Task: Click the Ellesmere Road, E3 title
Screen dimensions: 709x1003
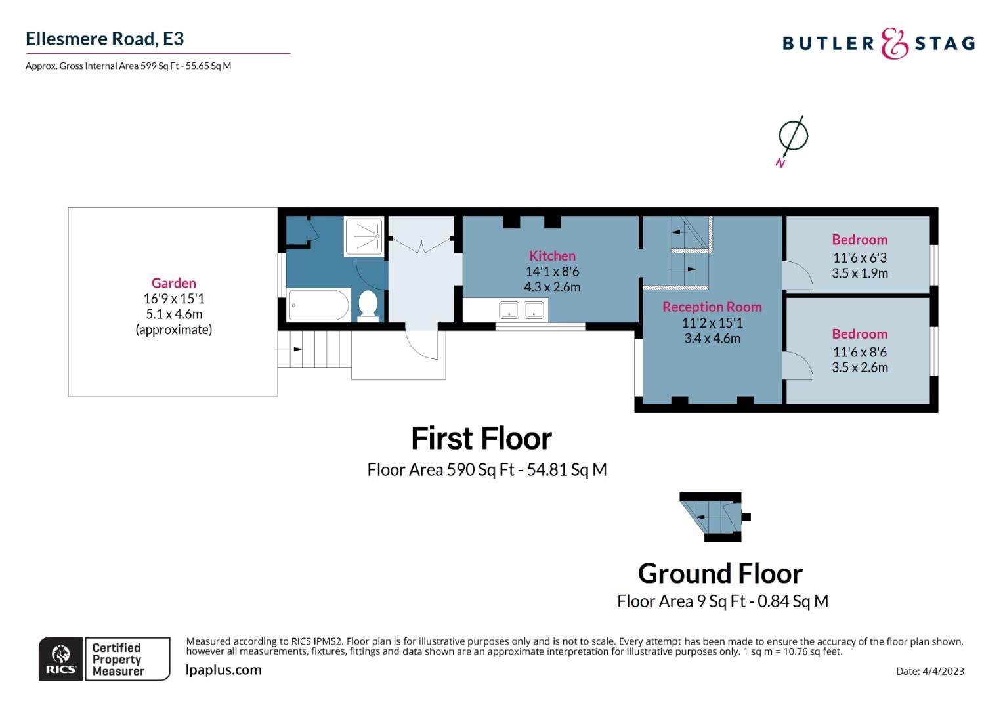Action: [104, 39]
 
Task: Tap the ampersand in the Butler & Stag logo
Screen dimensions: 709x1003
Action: [893, 43]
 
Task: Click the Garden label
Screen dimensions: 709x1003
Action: [173, 283]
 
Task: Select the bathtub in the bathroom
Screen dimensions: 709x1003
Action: [319, 305]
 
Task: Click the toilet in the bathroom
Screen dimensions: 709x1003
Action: [368, 306]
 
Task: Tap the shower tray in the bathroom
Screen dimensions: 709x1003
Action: [363, 237]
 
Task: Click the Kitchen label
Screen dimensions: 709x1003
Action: [552, 256]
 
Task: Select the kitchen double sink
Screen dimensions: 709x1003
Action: [522, 309]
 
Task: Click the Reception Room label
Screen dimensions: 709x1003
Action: [712, 307]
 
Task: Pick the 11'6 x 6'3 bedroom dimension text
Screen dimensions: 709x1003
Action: [859, 258]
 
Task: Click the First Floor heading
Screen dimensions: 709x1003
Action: [481, 439]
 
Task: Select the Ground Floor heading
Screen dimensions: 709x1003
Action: [719, 574]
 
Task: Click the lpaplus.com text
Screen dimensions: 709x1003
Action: [224, 670]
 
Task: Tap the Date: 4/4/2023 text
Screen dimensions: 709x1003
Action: [929, 671]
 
